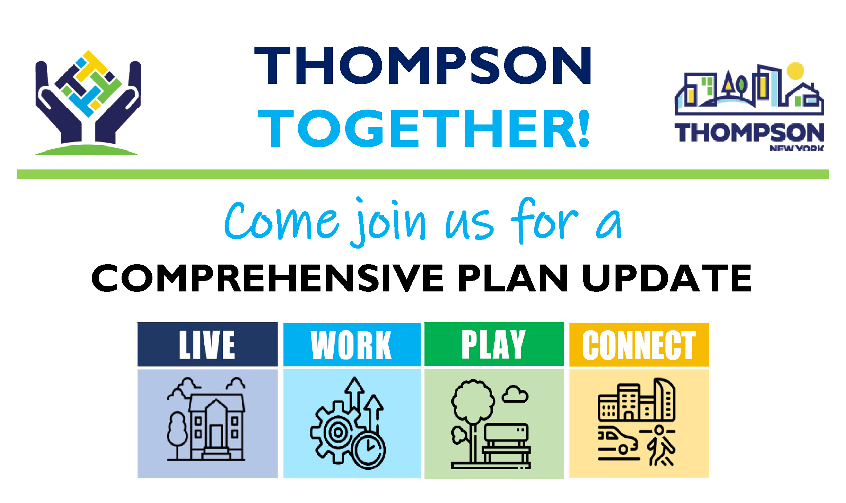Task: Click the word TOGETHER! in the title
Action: pyautogui.click(x=424, y=129)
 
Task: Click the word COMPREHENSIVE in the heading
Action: pyautogui.click(x=267, y=278)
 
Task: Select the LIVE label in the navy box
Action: pyautogui.click(x=207, y=345)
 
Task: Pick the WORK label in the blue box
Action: pyautogui.click(x=351, y=345)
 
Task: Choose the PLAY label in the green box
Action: pyautogui.click(x=493, y=345)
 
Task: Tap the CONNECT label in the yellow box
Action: pyautogui.click(x=639, y=345)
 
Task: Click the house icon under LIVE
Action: pyautogui.click(x=216, y=426)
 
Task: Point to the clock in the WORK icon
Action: pyautogui.click(x=369, y=451)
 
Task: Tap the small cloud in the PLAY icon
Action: pyautogui.click(x=515, y=394)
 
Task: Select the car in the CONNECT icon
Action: pyautogui.click(x=617, y=441)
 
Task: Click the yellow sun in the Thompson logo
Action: pyautogui.click(x=796, y=71)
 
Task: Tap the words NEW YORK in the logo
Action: pyautogui.click(x=797, y=148)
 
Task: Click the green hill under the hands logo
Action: pyautogui.click(x=86, y=150)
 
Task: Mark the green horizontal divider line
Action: pyautogui.click(x=423, y=174)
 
